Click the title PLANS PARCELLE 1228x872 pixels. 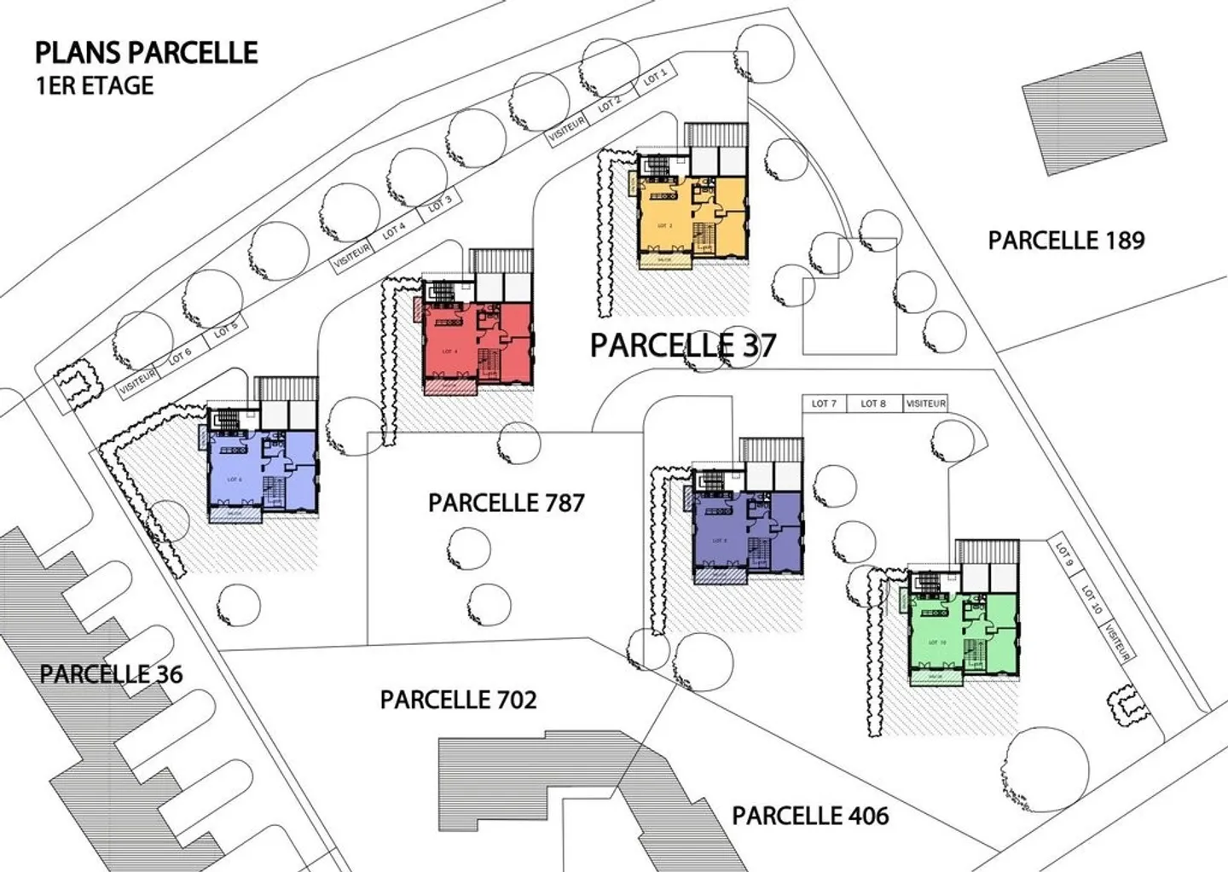[146, 53]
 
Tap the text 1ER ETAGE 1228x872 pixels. [94, 86]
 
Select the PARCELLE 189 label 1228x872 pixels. [1066, 241]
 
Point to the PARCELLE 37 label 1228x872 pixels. [683, 346]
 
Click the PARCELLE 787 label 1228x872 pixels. [507, 503]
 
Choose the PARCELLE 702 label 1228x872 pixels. [459, 700]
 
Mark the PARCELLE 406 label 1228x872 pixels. [810, 816]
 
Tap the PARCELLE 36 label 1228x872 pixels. [111, 674]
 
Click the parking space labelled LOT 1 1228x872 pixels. [655, 78]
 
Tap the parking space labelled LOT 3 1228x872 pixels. [439, 205]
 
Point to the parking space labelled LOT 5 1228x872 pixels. [225, 330]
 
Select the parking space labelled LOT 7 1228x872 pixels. [824, 404]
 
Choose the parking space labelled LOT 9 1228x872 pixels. [1064, 551]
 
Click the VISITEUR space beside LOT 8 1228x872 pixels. [925, 404]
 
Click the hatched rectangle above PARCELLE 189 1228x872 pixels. [1094, 113]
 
